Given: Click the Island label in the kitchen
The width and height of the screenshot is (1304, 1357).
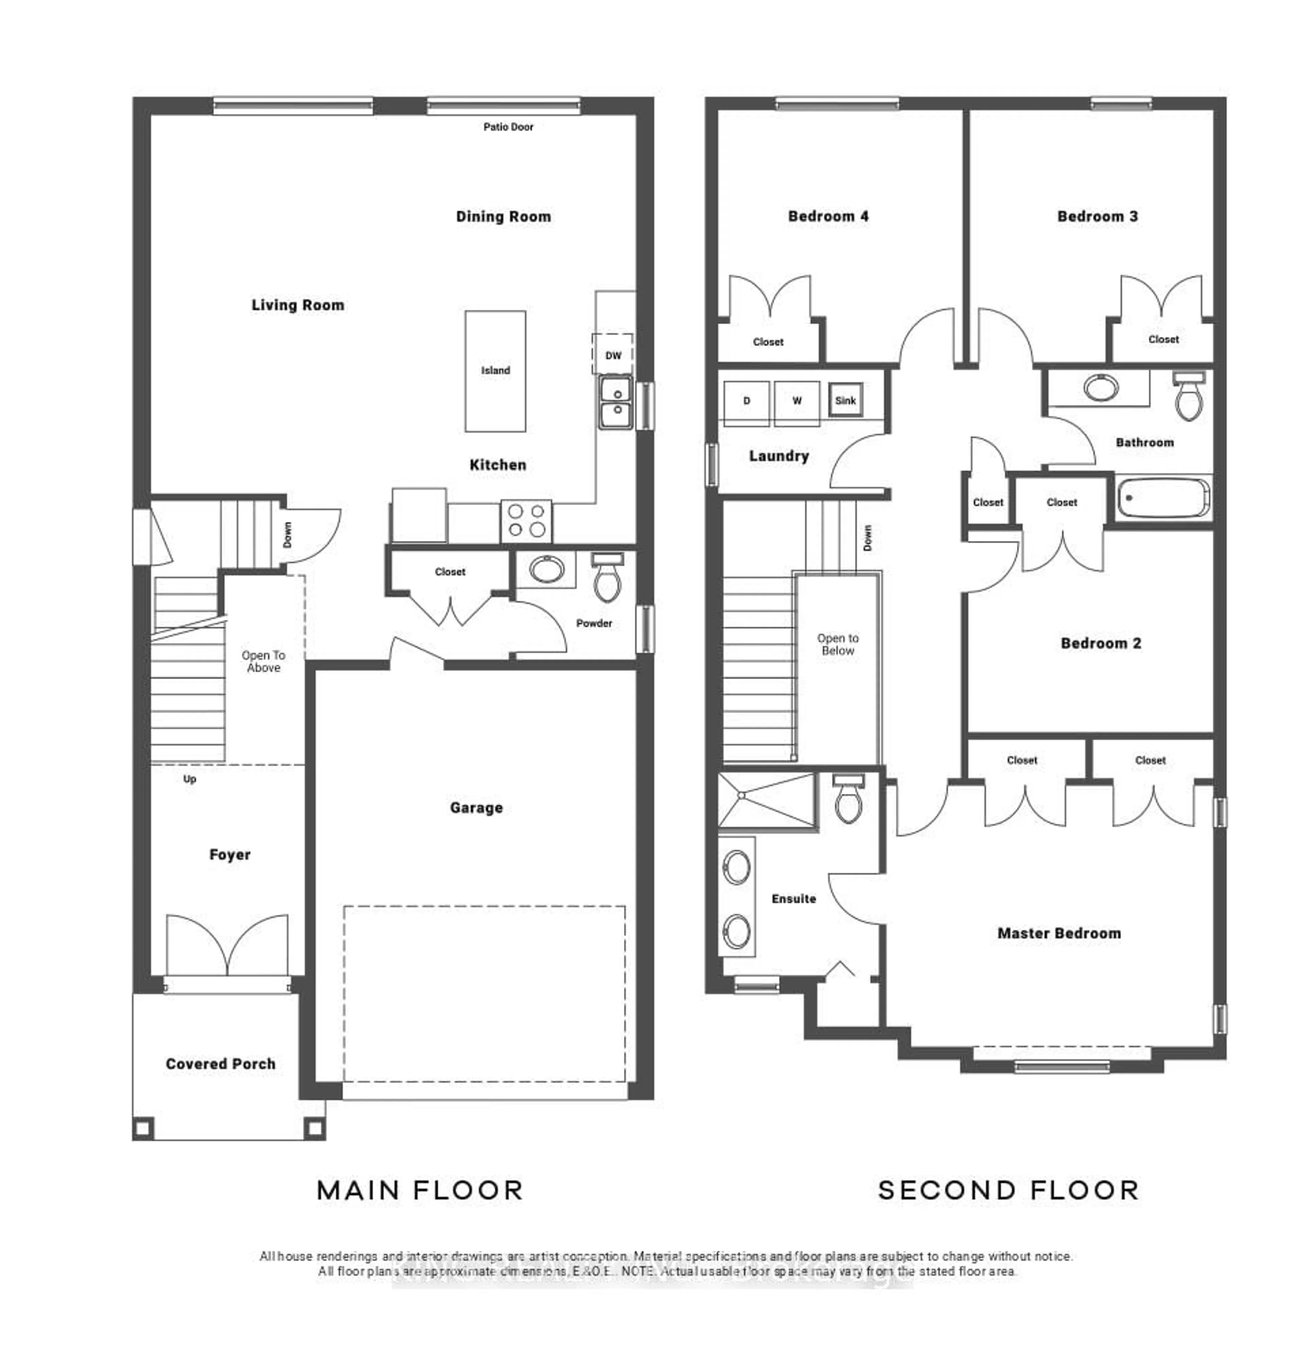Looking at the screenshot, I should pyautogui.click(x=495, y=370).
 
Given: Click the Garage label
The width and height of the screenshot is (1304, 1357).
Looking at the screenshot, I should pyautogui.click(x=476, y=807).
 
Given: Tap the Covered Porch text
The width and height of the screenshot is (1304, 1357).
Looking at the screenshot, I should pyautogui.click(x=220, y=1064).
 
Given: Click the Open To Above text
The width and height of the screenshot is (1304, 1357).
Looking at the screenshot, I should pyautogui.click(x=263, y=661).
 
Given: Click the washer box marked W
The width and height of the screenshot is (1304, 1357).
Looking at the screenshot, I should pyautogui.click(x=796, y=401).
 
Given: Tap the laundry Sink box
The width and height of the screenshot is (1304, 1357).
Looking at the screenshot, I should pyautogui.click(x=845, y=400).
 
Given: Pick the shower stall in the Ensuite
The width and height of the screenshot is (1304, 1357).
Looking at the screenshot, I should pyautogui.click(x=767, y=800).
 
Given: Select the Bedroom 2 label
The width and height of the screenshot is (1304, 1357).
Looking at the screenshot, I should pyautogui.click(x=1100, y=643).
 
